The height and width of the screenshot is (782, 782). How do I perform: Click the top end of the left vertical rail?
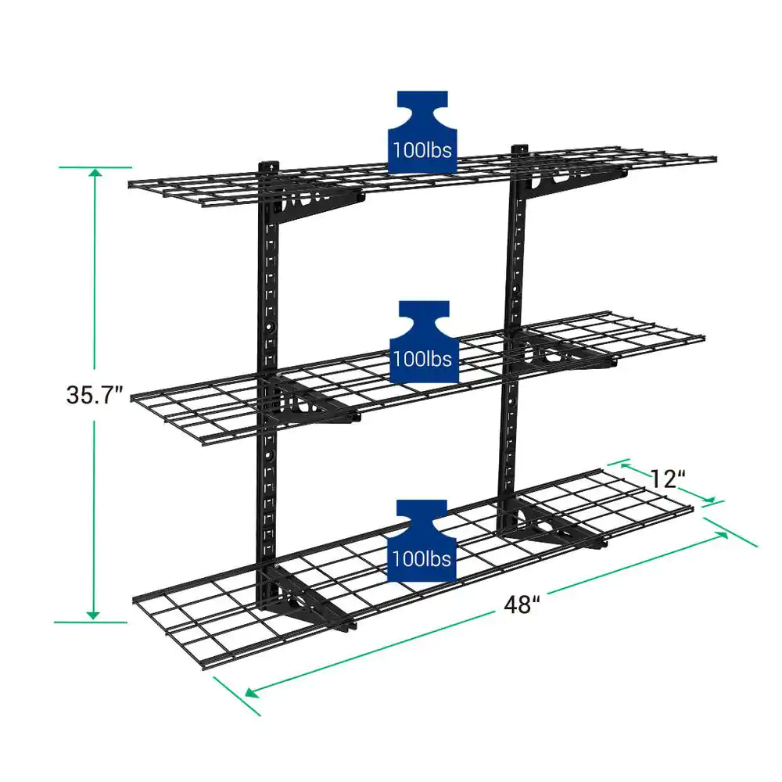pos(269,167)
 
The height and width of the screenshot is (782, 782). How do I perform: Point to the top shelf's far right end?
pos(713,159)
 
